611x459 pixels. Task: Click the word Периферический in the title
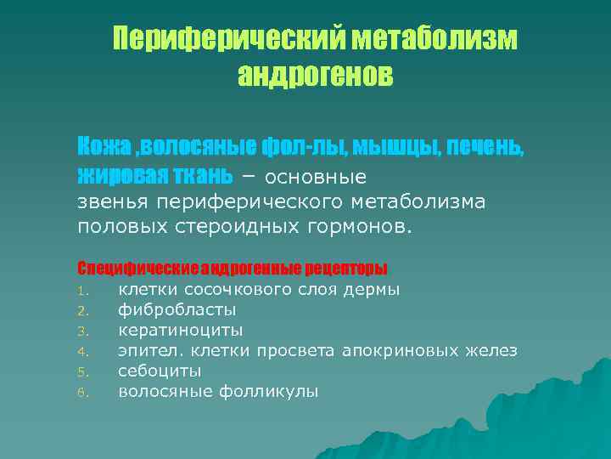point(230,39)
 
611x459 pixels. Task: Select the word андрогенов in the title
point(315,76)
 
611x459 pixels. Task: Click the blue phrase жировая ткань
point(154,175)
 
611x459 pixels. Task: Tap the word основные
point(316,177)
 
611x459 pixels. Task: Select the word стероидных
point(247,227)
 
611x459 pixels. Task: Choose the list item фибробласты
point(177,310)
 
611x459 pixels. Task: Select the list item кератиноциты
point(180,331)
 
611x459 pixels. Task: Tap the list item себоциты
point(160,371)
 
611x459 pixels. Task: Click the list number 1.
point(82,291)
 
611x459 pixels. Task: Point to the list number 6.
point(82,393)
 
